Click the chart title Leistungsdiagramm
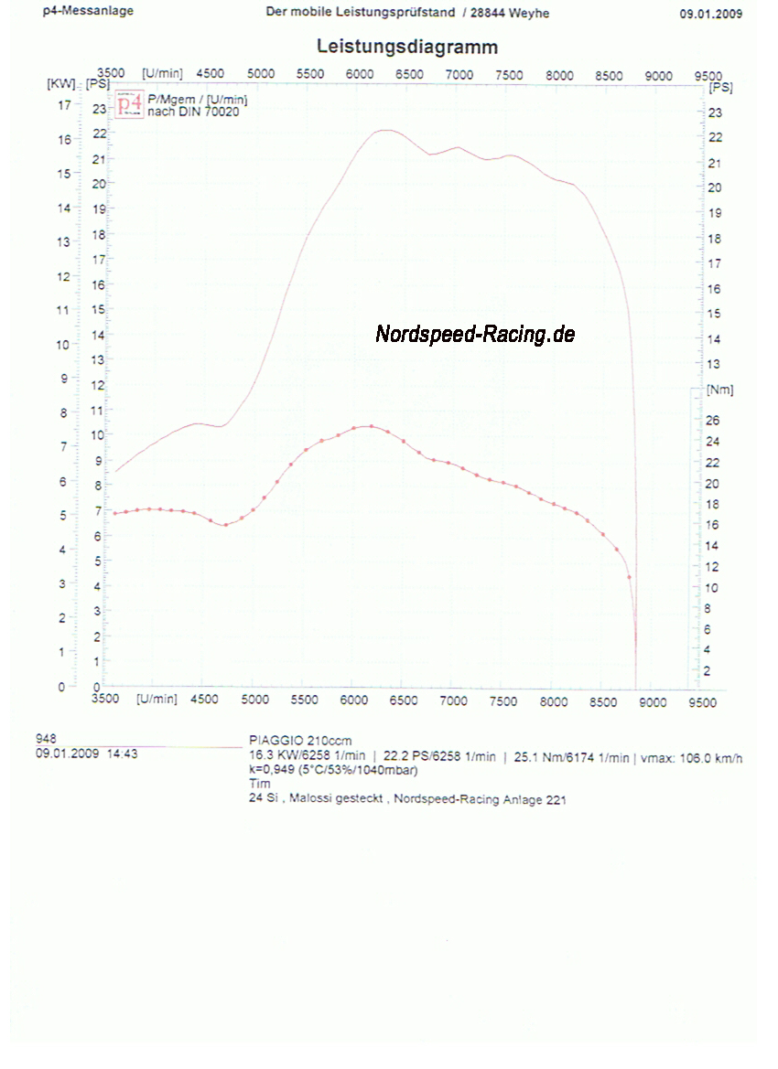406,47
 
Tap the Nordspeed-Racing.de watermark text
474,335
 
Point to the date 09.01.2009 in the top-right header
710,14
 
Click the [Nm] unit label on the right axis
719,390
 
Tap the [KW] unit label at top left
60,83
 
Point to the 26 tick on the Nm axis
713,421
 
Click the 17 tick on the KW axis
64,105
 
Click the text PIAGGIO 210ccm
300,740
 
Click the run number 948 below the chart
46,737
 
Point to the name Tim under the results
260,783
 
